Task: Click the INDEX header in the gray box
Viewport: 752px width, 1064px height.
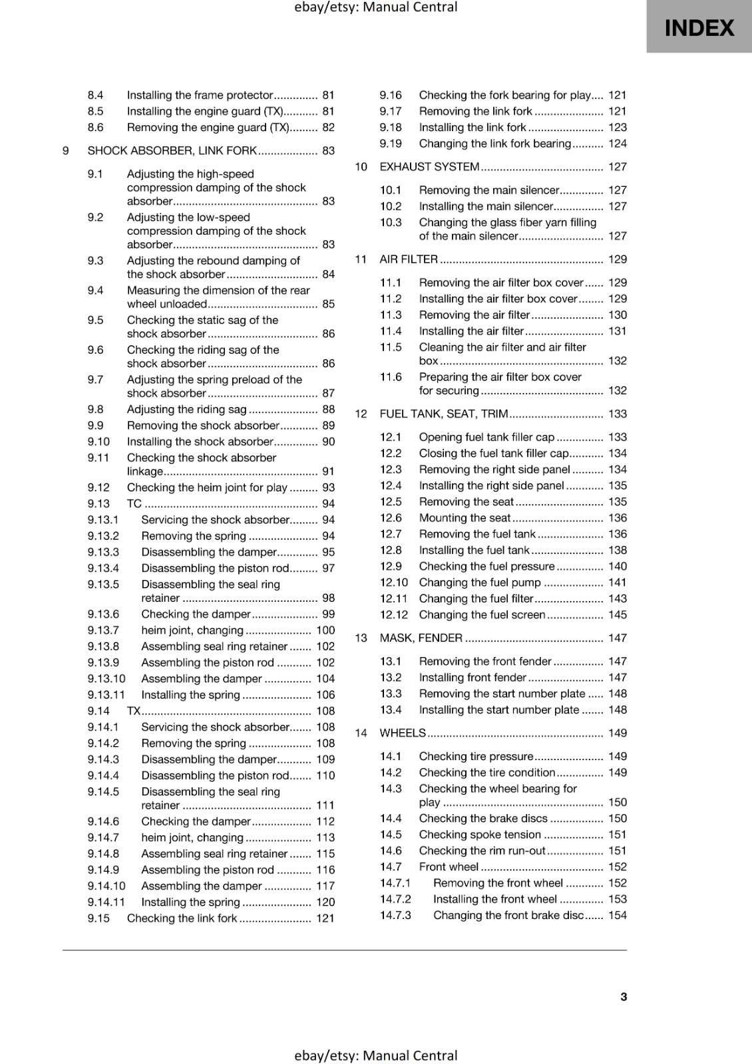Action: (x=699, y=28)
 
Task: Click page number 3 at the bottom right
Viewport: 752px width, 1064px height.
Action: (x=623, y=996)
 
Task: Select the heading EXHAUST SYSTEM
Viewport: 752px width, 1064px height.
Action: (x=429, y=167)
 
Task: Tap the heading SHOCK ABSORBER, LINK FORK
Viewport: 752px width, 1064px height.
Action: (x=172, y=151)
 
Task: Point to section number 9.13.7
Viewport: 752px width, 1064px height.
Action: (x=103, y=630)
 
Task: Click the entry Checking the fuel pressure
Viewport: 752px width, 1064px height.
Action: (x=486, y=567)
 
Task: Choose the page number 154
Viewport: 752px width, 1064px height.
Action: (x=617, y=915)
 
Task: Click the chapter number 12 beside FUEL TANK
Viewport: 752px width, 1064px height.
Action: (x=361, y=414)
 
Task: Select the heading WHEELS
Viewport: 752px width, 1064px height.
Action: (x=402, y=733)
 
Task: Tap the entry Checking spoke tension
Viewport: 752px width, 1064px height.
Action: (x=480, y=835)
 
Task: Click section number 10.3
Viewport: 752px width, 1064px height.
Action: (x=391, y=223)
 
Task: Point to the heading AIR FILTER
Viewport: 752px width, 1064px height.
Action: (x=408, y=259)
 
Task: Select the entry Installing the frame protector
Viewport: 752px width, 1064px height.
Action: (x=200, y=95)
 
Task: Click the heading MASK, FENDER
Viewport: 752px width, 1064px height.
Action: (x=421, y=638)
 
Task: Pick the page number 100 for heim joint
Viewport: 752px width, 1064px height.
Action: (x=325, y=630)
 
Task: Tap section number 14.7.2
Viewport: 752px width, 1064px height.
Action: (x=395, y=899)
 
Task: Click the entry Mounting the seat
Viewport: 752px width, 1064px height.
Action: (x=465, y=518)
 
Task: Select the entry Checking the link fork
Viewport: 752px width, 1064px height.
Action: (x=182, y=918)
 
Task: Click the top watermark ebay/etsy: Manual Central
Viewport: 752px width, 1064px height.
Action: (x=376, y=7)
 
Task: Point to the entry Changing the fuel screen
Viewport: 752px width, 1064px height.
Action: (x=482, y=615)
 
